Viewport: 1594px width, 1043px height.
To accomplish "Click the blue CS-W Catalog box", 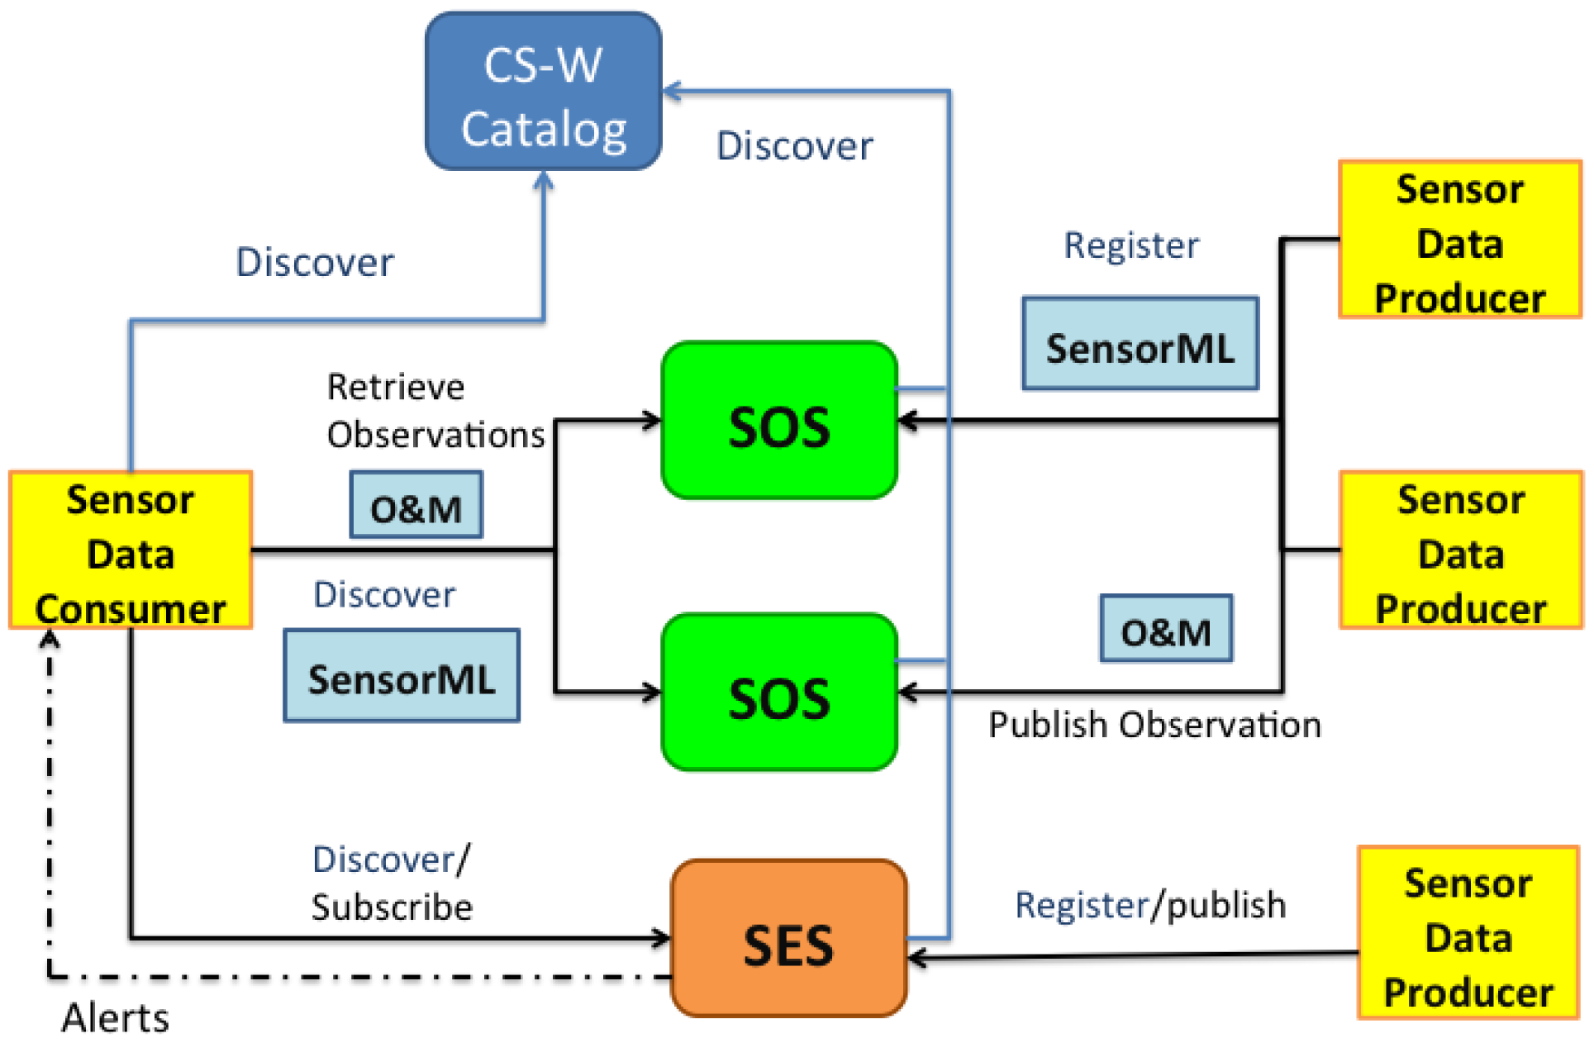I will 543,92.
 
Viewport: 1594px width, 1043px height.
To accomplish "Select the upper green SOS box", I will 779,421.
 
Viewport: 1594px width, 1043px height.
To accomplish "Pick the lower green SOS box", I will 779,693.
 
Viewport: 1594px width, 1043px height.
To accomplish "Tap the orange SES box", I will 788,938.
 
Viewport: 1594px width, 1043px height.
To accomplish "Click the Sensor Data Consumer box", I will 131,550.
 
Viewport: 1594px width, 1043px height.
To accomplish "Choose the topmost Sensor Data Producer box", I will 1459,240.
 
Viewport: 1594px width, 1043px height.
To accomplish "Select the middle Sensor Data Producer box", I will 1460,550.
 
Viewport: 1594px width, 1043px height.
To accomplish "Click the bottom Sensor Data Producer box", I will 1468,933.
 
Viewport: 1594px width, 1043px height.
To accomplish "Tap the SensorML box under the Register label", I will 1140,344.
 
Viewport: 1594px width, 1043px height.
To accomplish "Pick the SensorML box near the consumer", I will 402,676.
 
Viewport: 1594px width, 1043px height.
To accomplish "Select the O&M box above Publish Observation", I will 1165,629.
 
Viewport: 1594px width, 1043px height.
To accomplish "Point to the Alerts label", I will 115,1017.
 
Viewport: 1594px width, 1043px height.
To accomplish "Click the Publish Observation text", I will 1154,725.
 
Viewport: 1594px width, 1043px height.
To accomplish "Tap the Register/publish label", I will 1149,905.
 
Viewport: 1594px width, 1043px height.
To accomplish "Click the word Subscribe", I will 392,907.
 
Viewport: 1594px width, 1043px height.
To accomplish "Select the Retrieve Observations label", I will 435,411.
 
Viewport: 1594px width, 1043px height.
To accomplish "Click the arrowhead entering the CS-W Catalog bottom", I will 543,180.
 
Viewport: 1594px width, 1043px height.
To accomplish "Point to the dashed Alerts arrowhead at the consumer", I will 50,639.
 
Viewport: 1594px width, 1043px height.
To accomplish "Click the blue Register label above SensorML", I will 1130,245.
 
